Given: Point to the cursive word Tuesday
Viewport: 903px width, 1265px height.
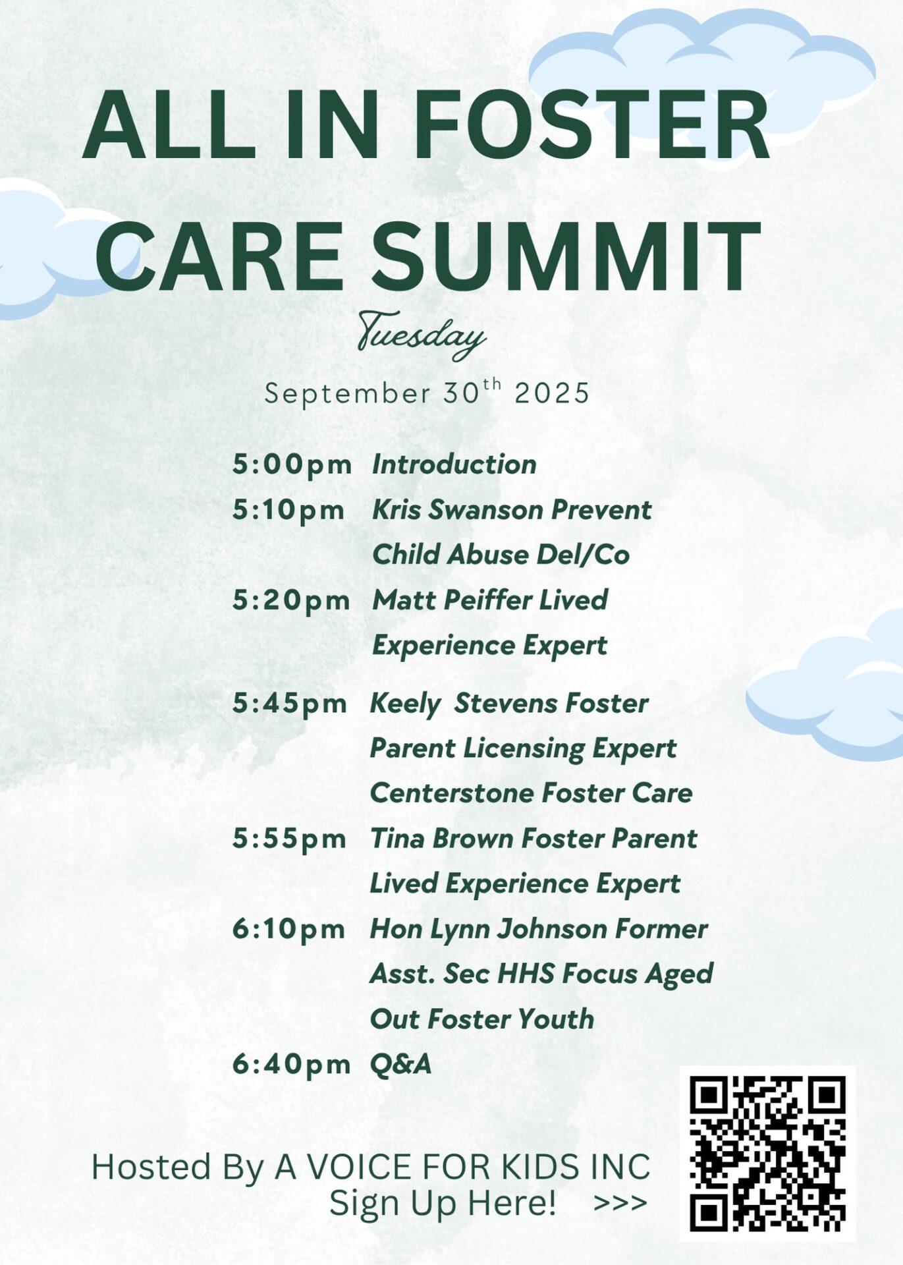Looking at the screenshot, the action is [x=422, y=336].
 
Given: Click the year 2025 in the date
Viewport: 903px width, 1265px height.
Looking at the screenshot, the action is [x=552, y=394].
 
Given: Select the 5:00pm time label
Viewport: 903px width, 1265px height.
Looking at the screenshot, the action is [x=292, y=464].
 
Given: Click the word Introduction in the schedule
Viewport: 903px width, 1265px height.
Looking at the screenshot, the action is [x=454, y=464].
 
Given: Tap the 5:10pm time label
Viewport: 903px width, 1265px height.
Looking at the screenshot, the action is [x=288, y=510].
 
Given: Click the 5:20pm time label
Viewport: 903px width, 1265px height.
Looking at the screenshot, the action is [x=291, y=600].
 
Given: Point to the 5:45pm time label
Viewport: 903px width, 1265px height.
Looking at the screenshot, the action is [x=289, y=704].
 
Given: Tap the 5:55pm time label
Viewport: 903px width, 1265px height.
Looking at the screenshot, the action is [x=289, y=839].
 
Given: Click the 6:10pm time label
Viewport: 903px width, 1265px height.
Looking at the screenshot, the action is [x=288, y=929].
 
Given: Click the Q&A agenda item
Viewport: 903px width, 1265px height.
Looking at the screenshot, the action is [x=400, y=1064].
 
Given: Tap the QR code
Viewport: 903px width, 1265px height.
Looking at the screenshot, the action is [x=767, y=1154].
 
